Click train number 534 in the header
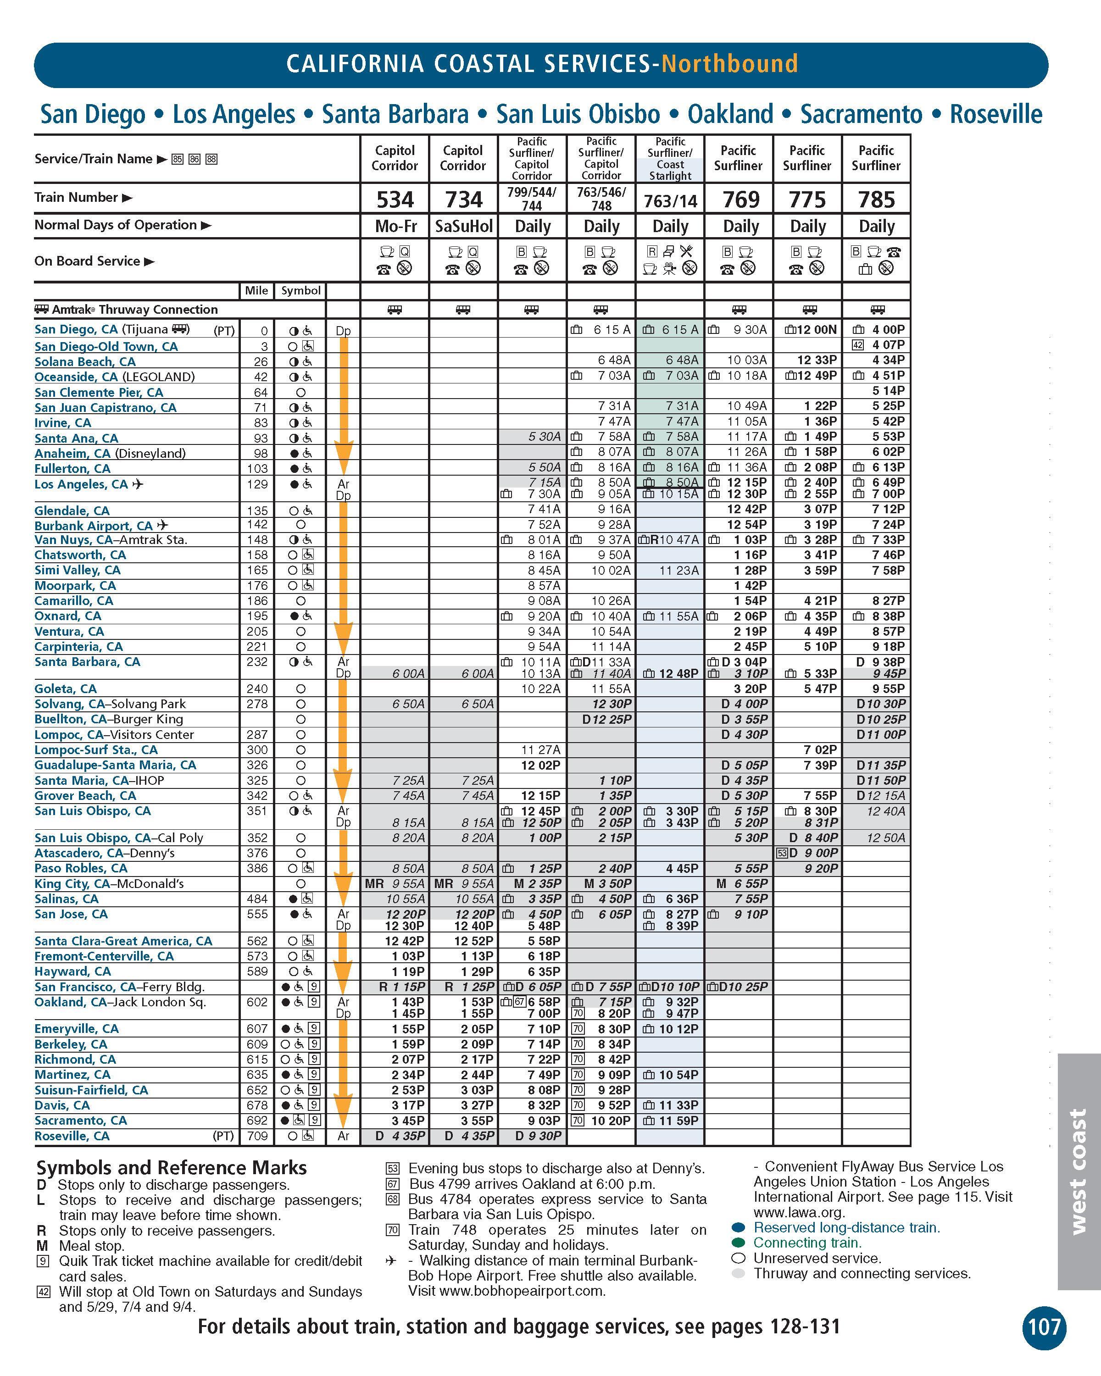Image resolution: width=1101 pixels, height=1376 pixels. pos(395,200)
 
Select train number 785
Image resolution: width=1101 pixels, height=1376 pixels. pos(876,200)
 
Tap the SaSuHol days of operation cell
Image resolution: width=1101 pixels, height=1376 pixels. pos(463,227)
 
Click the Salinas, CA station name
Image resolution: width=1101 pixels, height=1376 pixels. pos(67,899)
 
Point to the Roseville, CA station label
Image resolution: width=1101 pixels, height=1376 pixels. pos(72,1136)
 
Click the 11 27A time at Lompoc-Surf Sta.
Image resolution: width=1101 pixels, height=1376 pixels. pos(540,750)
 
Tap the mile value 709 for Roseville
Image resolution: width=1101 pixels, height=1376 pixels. pos(256,1136)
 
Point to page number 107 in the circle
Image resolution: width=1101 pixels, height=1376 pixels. pos(1044,1327)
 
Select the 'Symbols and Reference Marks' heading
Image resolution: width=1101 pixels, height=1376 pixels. pos(172,1168)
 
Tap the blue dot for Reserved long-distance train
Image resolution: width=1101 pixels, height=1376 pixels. pos(739,1227)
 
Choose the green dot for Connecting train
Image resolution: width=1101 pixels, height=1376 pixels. pos(739,1243)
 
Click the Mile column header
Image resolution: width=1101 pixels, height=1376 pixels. pos(256,290)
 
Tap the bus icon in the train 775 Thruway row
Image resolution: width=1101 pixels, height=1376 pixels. pos(809,310)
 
